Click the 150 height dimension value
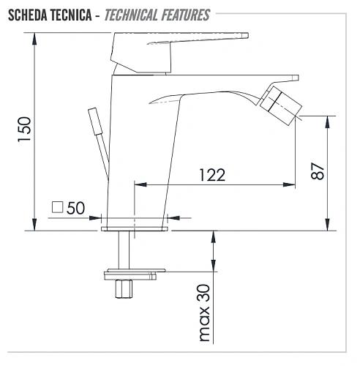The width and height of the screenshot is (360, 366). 24,130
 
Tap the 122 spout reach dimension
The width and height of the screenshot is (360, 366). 212,175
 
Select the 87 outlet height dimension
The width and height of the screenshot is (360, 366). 318,171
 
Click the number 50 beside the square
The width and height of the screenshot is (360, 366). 75,208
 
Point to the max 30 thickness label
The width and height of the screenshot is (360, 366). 204,313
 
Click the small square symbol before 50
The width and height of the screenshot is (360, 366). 57,207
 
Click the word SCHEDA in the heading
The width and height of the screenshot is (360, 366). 28,15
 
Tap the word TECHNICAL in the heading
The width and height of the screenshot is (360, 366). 131,15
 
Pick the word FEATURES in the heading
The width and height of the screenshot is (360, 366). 186,15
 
